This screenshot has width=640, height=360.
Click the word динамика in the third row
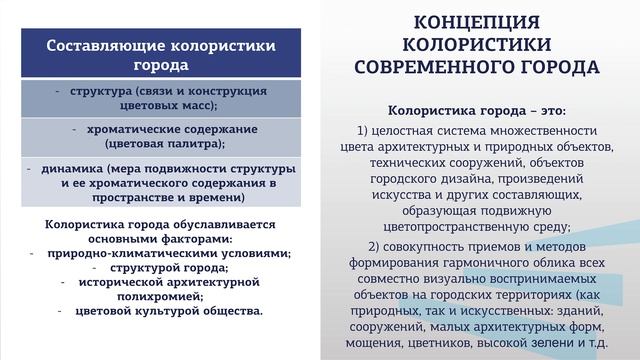pos(74,168)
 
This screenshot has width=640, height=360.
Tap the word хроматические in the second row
pos(133,129)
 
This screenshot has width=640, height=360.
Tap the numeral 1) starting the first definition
pos(362,130)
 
